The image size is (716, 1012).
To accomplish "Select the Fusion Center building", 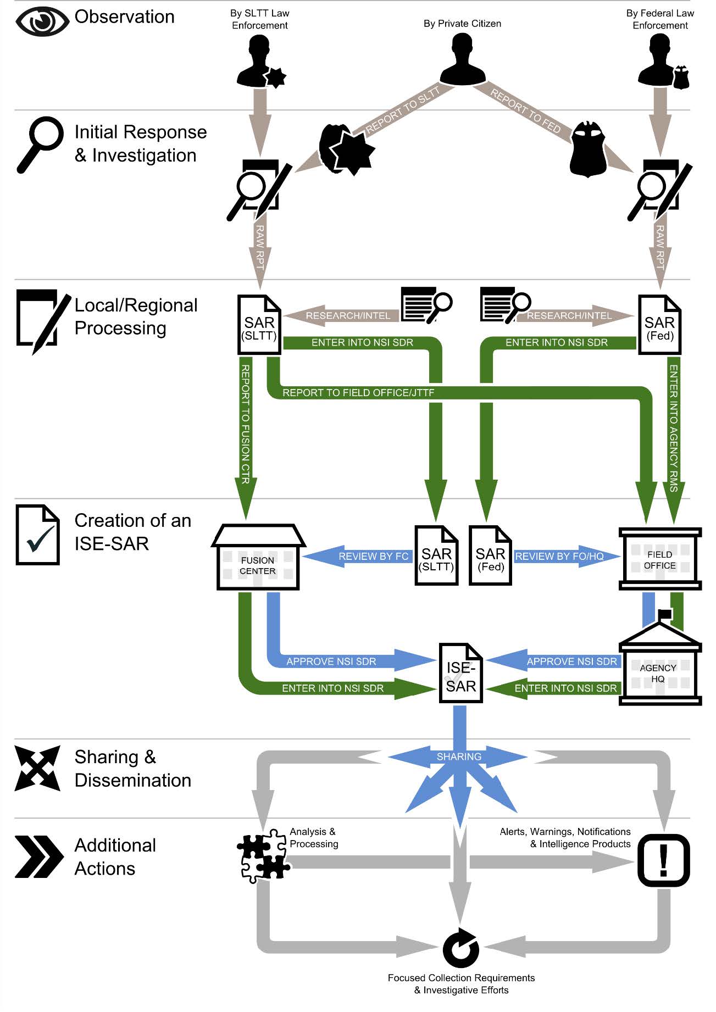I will click(x=258, y=558).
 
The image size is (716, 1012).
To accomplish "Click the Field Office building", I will click(x=660, y=559).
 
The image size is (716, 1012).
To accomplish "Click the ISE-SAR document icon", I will click(x=460, y=674).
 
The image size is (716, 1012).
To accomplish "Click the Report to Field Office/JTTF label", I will click(x=358, y=393).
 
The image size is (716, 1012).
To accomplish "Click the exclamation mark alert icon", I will click(x=663, y=860).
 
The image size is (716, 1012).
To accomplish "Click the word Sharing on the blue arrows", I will click(x=459, y=757).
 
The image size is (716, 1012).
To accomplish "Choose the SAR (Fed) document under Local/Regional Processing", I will click(x=659, y=325).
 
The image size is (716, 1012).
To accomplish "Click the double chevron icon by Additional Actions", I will click(x=38, y=857).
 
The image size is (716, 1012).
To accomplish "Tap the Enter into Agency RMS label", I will click(x=674, y=429).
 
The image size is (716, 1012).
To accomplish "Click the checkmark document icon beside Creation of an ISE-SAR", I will click(x=37, y=535).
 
